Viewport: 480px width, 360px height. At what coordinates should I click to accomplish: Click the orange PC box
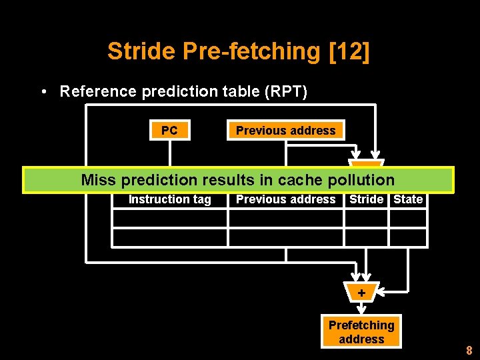169,131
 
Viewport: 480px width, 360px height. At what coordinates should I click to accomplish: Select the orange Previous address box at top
285,131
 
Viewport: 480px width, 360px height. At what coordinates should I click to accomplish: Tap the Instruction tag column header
169,199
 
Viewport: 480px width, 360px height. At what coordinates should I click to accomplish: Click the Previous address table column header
285,199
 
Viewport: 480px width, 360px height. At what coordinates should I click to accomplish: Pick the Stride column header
366,199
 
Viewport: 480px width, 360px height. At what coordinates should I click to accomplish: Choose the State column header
408,199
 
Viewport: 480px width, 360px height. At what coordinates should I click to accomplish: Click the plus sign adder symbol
361,293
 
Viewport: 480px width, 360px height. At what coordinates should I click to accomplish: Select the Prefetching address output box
361,332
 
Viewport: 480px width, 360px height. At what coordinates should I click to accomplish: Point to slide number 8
469,351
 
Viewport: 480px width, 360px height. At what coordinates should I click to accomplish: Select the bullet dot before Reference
43,92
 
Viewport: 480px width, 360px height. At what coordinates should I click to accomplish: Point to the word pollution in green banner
366,180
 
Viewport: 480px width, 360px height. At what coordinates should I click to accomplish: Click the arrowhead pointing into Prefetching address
361,310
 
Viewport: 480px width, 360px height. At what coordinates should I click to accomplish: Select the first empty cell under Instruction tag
169,218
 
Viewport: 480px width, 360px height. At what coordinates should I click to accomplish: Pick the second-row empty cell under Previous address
285,237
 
